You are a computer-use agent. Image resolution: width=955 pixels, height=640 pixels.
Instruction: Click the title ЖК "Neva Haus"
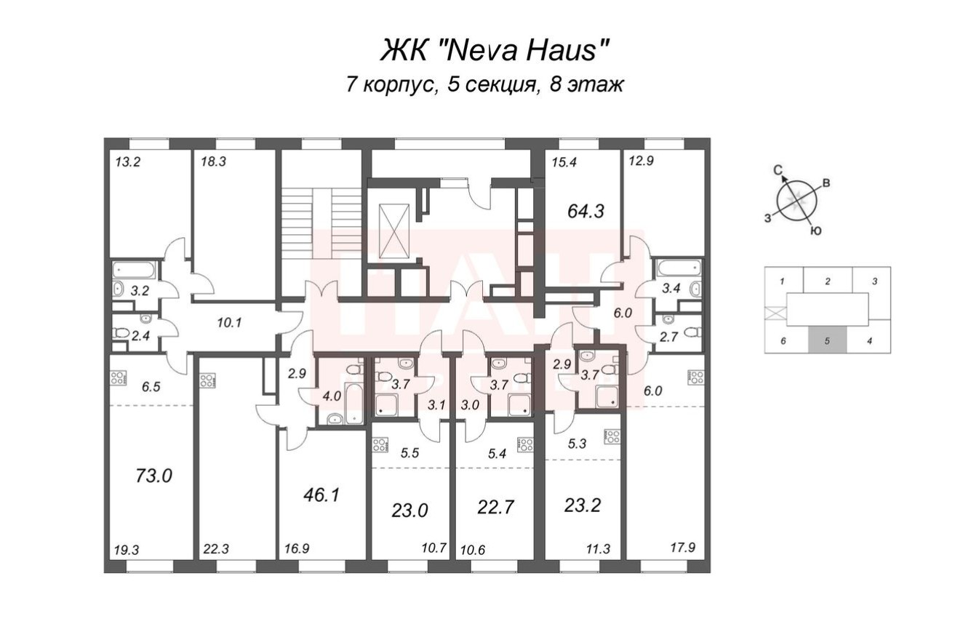click(495, 51)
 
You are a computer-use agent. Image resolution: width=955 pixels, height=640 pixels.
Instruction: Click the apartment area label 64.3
click(586, 212)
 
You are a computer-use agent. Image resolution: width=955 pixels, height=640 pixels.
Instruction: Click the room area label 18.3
click(215, 163)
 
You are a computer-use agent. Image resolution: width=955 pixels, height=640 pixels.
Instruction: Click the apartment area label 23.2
click(583, 504)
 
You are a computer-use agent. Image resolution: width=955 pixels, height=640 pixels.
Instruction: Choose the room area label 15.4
click(562, 163)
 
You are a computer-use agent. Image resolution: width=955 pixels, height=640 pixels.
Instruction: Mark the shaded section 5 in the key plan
click(827, 340)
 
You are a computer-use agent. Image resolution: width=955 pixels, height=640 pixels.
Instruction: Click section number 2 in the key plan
click(827, 281)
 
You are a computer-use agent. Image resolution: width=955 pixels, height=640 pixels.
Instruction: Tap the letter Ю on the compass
click(816, 232)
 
